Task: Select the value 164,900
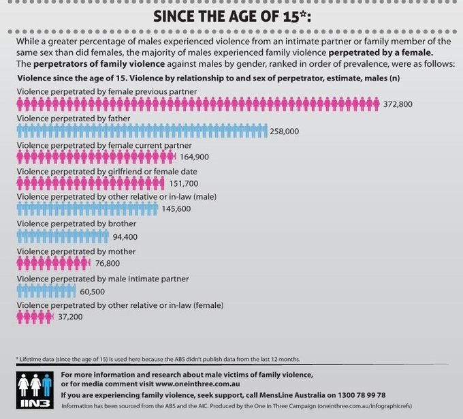click(194, 157)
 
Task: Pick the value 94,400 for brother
click(125, 237)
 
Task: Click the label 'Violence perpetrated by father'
click(73, 118)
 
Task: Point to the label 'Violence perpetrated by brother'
click(76, 223)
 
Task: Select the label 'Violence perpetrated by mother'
click(76, 251)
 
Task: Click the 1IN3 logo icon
click(33, 390)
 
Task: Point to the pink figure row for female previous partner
click(197, 104)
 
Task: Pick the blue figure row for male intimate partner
click(46, 291)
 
